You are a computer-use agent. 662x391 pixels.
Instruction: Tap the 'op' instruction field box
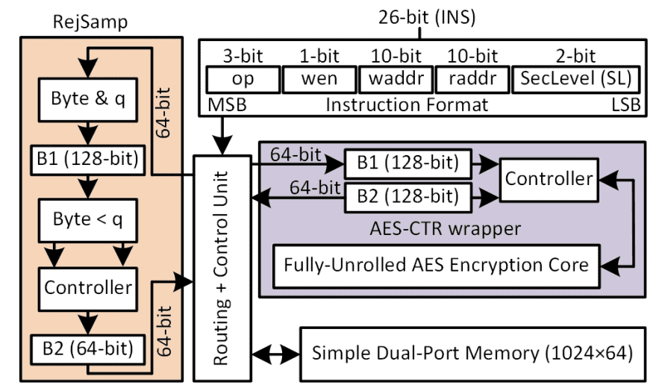coord(241,78)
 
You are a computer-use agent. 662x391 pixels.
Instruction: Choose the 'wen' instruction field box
coord(318,78)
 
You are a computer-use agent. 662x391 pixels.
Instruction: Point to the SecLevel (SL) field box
coord(575,78)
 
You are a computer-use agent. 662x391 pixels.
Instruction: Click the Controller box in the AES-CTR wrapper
coord(549,178)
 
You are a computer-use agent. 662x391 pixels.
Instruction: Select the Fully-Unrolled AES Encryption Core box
coord(436,265)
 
